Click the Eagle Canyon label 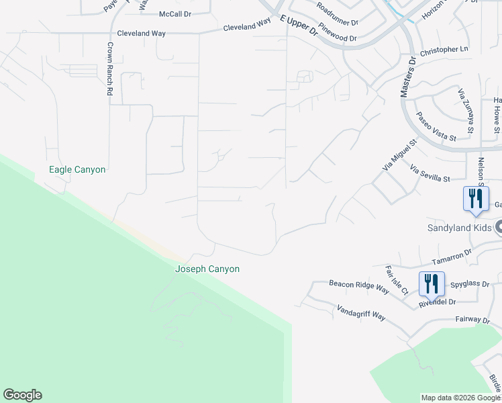(x=77, y=170)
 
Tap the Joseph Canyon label (x=207, y=269)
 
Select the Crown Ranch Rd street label (x=109, y=69)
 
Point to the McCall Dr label (x=176, y=14)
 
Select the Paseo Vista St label (x=436, y=127)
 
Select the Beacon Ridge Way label (x=359, y=287)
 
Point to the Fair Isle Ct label (x=397, y=281)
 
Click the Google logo (x=22, y=395)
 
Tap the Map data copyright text (x=460, y=398)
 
